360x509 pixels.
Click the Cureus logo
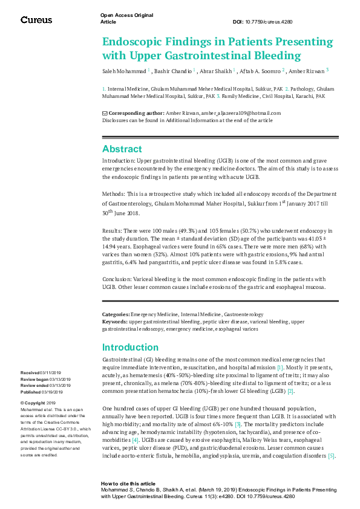(36, 19)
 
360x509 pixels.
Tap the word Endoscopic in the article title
(131, 42)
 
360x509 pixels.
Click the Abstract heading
(122, 149)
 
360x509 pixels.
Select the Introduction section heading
(130, 347)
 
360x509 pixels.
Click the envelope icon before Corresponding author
(105, 113)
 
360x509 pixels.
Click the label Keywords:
(114, 322)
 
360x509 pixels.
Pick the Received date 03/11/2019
(50, 373)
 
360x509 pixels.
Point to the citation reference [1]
(280, 368)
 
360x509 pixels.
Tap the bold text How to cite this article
(128, 484)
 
